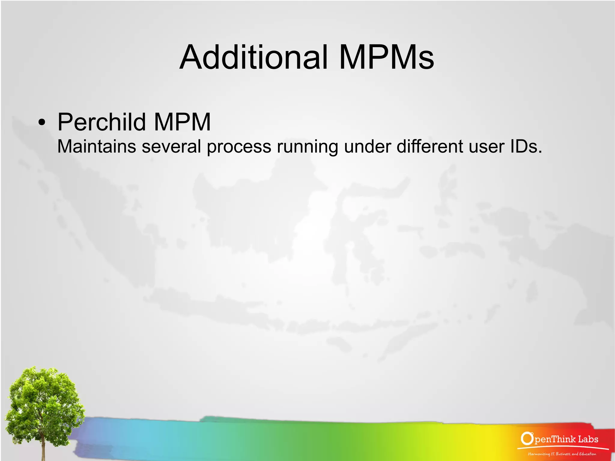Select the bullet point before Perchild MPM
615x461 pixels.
(42, 123)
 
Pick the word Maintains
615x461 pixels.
(96, 147)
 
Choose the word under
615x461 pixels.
(367, 147)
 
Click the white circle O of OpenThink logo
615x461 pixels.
(526, 438)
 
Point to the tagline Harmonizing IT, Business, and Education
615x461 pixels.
(562, 454)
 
